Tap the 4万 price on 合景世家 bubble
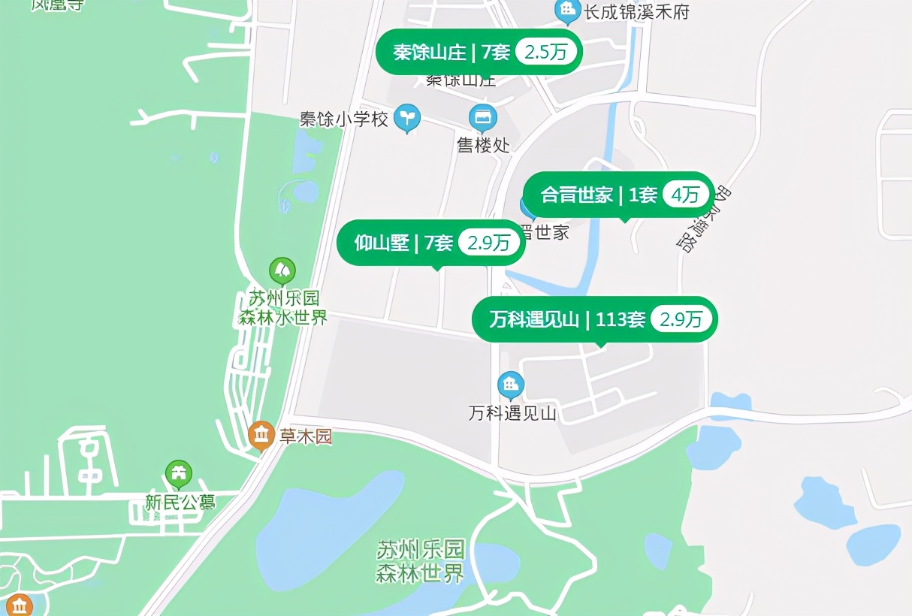(685, 195)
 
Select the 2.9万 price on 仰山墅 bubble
(489, 243)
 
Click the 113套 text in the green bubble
(620, 319)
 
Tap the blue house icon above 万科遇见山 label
(511, 385)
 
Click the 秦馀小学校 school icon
(407, 116)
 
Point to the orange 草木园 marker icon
(261, 435)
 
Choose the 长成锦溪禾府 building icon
(566, 11)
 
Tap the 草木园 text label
(306, 436)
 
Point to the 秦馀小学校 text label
(344, 119)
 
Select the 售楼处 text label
(483, 145)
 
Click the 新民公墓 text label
(180, 501)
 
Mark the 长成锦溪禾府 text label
(636, 12)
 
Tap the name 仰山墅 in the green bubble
(382, 243)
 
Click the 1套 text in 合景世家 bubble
(642, 195)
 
